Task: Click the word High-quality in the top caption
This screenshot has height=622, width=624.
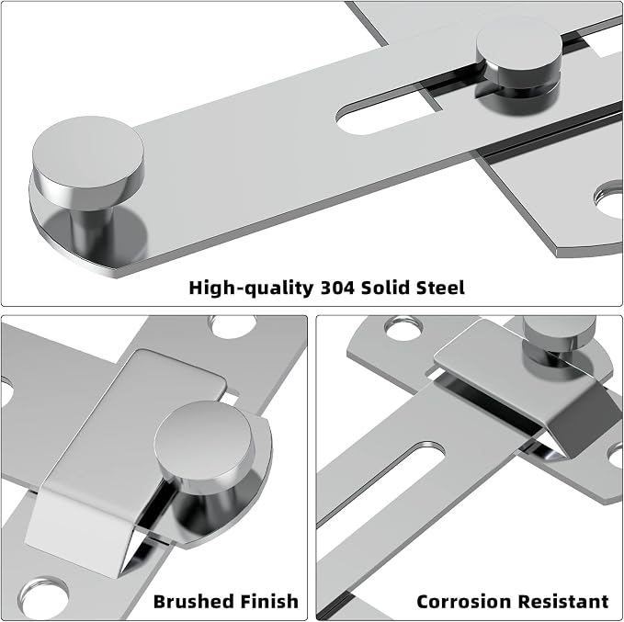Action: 251,288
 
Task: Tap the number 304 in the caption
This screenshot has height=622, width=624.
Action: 337,288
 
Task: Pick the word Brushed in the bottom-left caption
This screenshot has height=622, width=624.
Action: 192,601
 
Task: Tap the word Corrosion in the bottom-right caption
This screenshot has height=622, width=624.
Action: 459,601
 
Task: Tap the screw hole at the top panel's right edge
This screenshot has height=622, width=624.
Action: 609,199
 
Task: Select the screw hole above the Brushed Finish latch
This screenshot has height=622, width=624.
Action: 233,326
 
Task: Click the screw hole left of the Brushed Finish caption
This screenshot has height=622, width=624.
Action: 45,597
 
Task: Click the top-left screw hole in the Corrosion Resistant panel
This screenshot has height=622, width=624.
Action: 403,328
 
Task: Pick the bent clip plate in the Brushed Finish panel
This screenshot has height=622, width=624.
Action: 119,458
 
